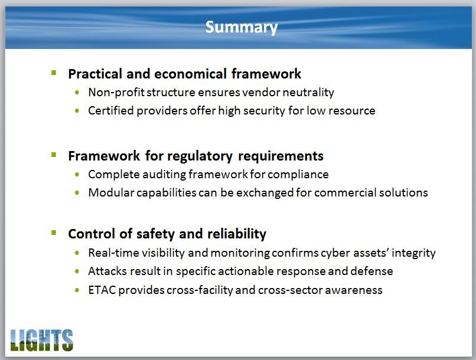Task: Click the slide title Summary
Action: coord(242,28)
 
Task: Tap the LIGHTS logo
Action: coord(41,341)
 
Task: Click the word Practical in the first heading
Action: coord(95,74)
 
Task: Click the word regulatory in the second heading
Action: coord(200,156)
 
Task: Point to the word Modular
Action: coord(111,192)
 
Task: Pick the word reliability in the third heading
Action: coord(237,234)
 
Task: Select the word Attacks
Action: coord(107,271)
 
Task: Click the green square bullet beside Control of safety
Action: coord(54,233)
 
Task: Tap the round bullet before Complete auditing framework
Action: coord(77,175)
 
